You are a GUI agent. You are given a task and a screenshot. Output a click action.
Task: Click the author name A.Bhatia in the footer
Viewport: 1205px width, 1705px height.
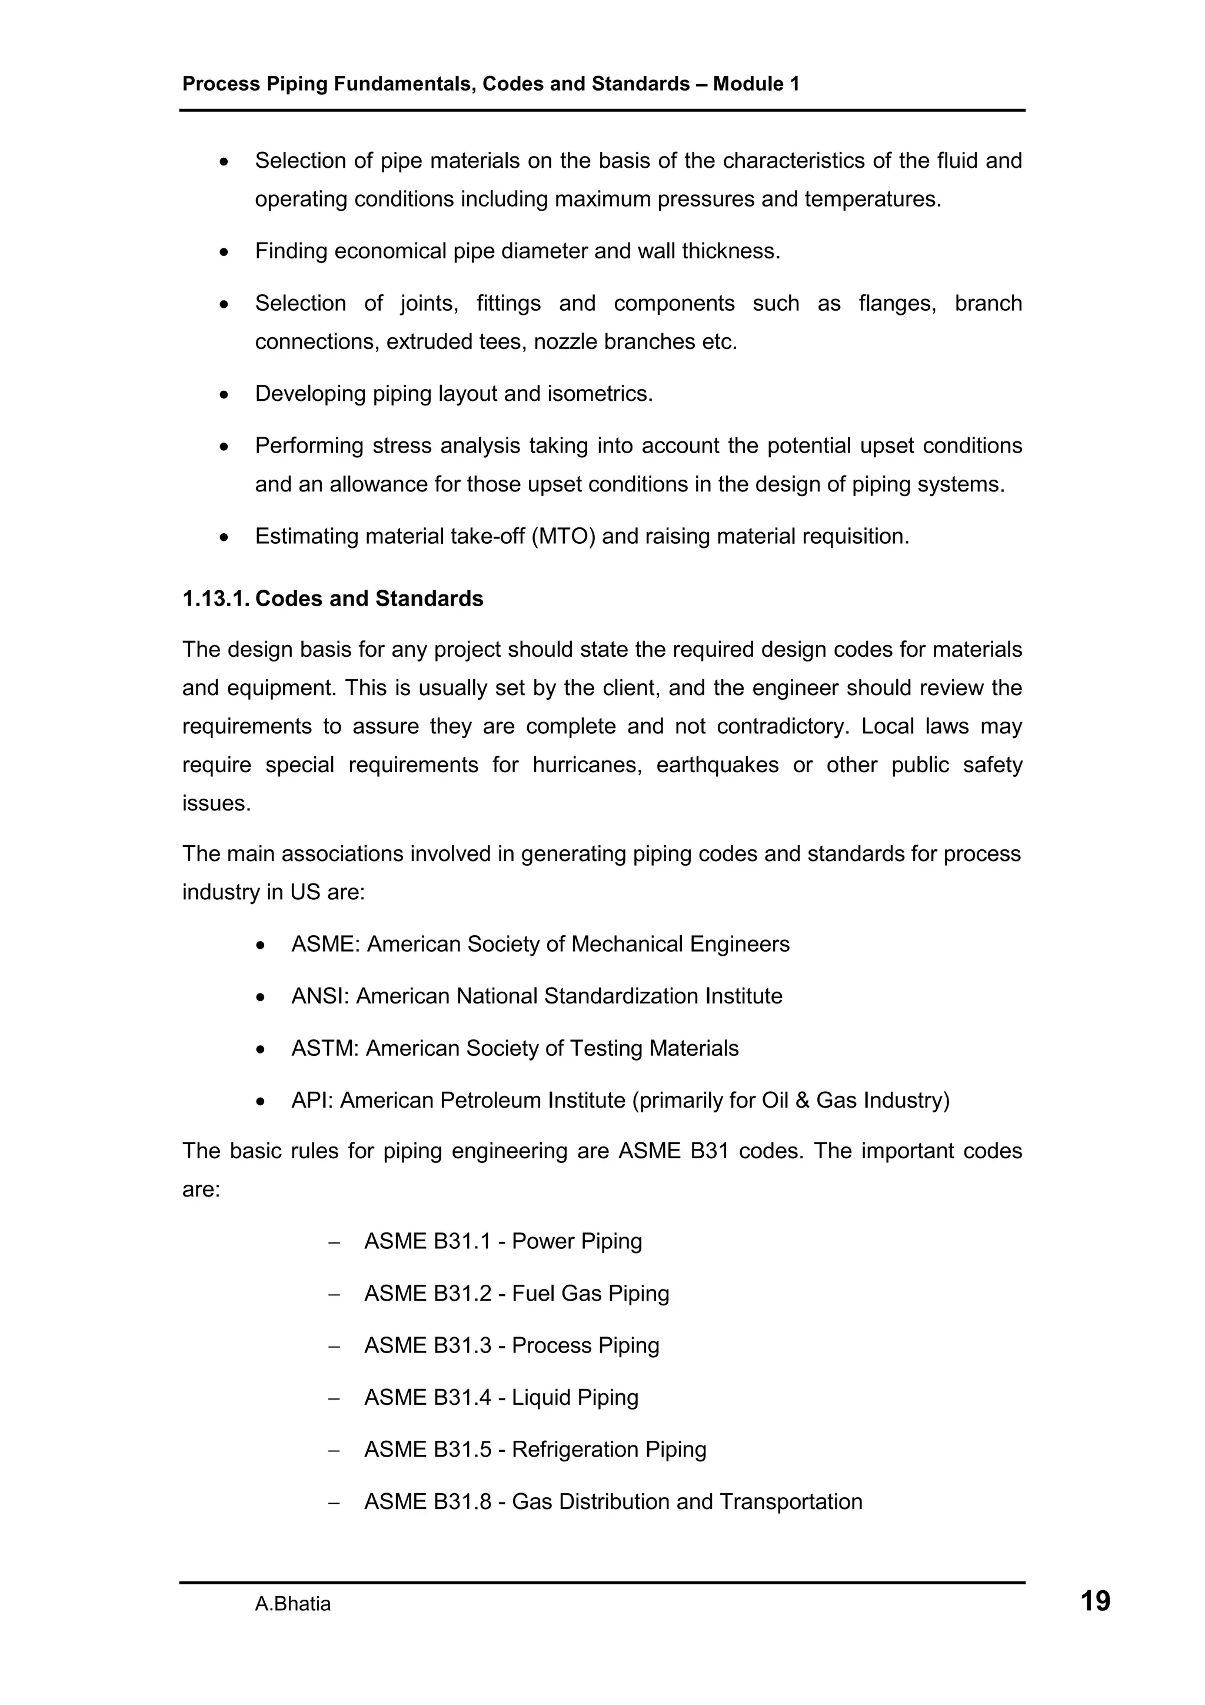292,1604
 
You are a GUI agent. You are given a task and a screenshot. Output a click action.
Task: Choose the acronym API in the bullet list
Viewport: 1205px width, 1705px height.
311,1100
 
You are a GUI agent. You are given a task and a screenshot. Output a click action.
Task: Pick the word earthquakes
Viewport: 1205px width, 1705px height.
717,765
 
